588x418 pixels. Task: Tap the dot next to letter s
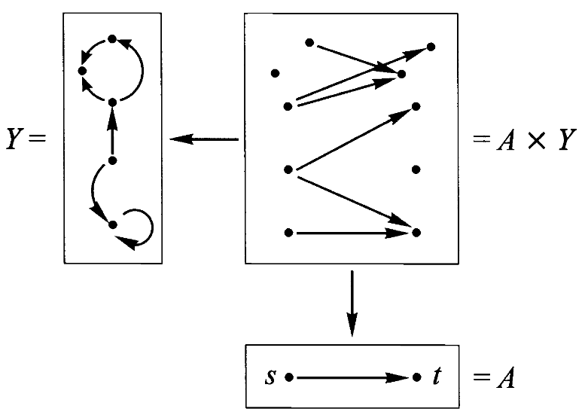pos(288,376)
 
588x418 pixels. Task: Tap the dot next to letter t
pos(416,376)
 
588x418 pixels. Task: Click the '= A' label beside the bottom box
pos(494,377)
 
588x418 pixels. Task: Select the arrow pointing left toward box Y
pos(203,139)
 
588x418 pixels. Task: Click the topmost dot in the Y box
pos(111,38)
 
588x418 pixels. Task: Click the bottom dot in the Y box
pos(111,224)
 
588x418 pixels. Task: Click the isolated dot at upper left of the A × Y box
pos(276,73)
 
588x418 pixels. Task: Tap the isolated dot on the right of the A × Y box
pos(416,169)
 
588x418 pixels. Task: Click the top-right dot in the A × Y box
pos(431,47)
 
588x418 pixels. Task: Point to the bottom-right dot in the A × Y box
pos(416,233)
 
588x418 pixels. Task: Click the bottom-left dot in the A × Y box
pos(288,233)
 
